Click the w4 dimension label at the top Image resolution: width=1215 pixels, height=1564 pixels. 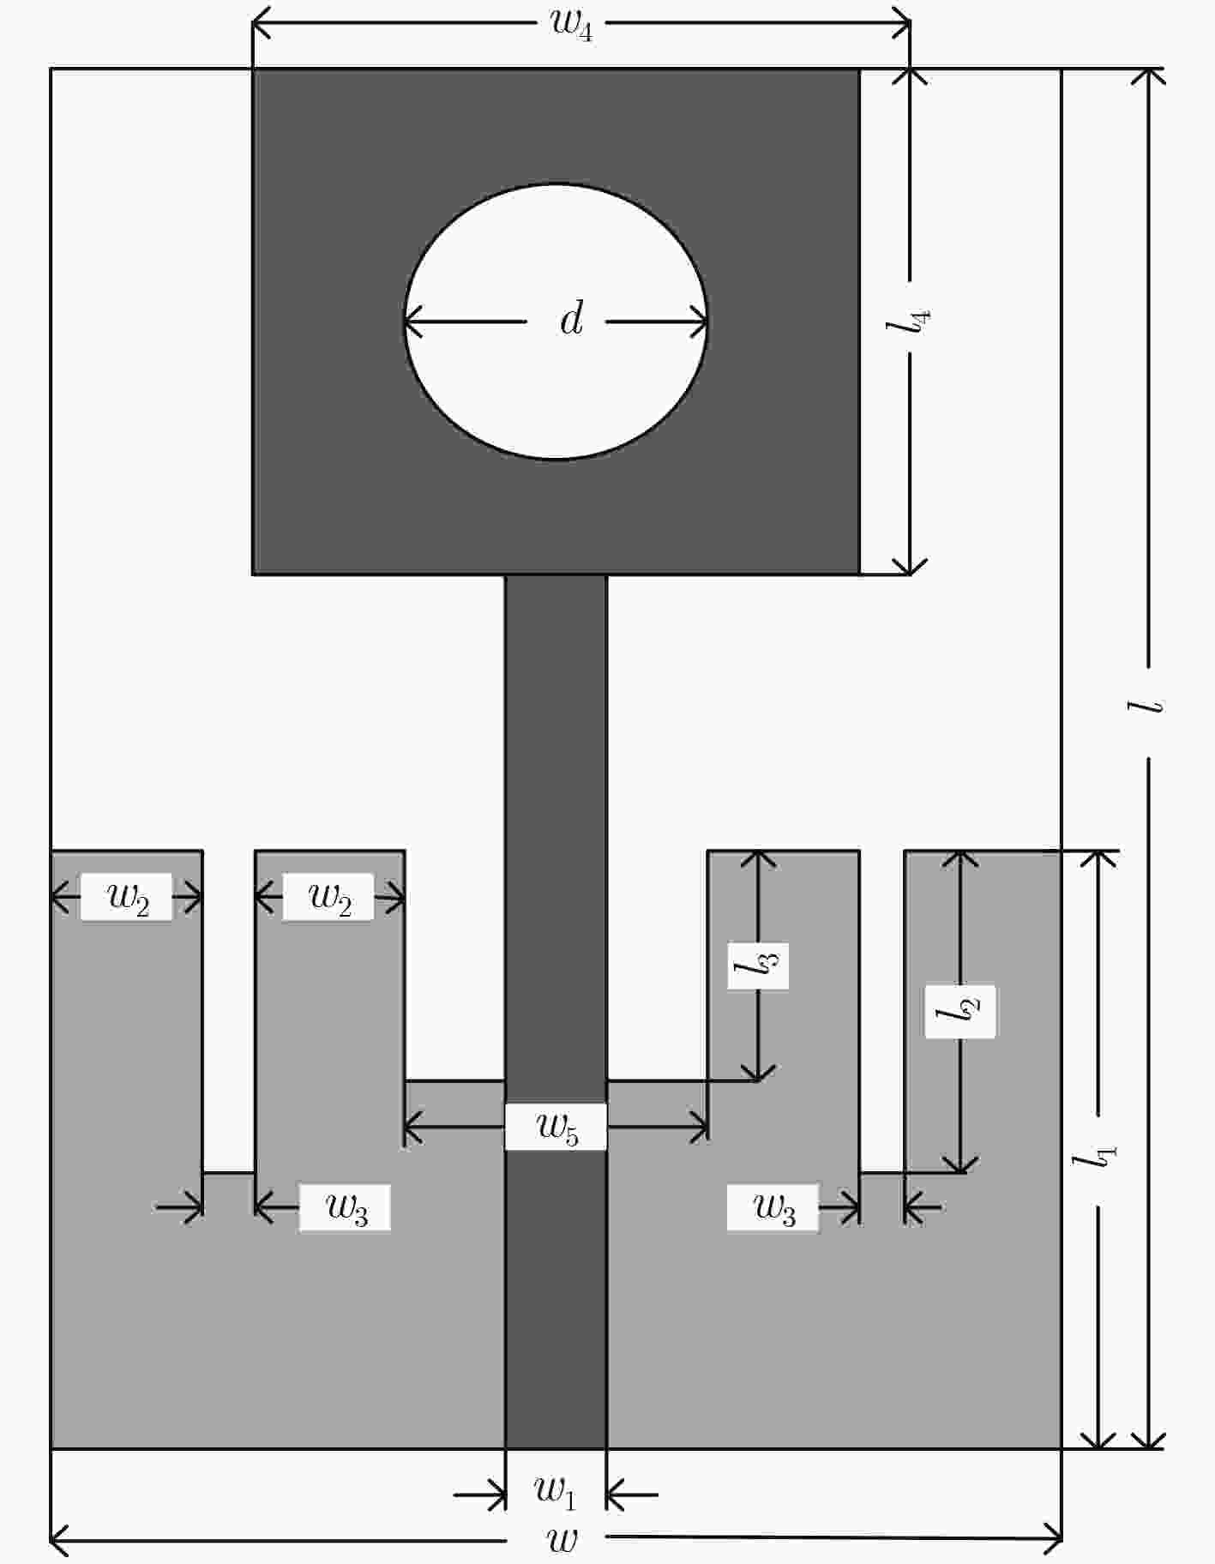[x=571, y=25]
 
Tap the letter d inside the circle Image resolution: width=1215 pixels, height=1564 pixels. [x=571, y=318]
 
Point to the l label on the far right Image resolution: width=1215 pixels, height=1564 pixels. [x=1146, y=706]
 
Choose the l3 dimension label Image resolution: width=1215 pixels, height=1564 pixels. [x=757, y=966]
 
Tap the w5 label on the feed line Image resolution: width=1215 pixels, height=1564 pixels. [x=557, y=1127]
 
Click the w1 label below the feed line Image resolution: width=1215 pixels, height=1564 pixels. [x=555, y=1493]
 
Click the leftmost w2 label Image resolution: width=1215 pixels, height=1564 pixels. [x=128, y=898]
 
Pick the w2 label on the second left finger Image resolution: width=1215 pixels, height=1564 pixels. [x=330, y=898]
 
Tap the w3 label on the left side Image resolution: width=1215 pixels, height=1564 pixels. [x=347, y=1208]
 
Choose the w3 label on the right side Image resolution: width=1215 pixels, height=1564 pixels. [x=774, y=1208]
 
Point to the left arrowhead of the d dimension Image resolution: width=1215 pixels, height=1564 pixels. [x=414, y=322]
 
